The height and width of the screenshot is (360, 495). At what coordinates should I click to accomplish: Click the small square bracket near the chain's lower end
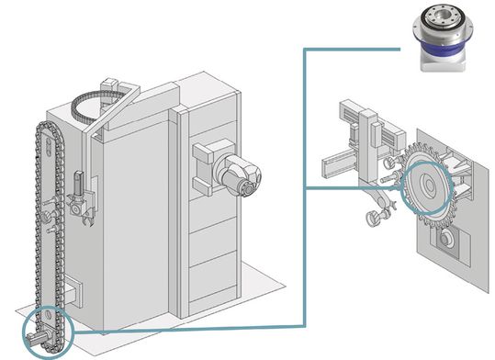[74, 294]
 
